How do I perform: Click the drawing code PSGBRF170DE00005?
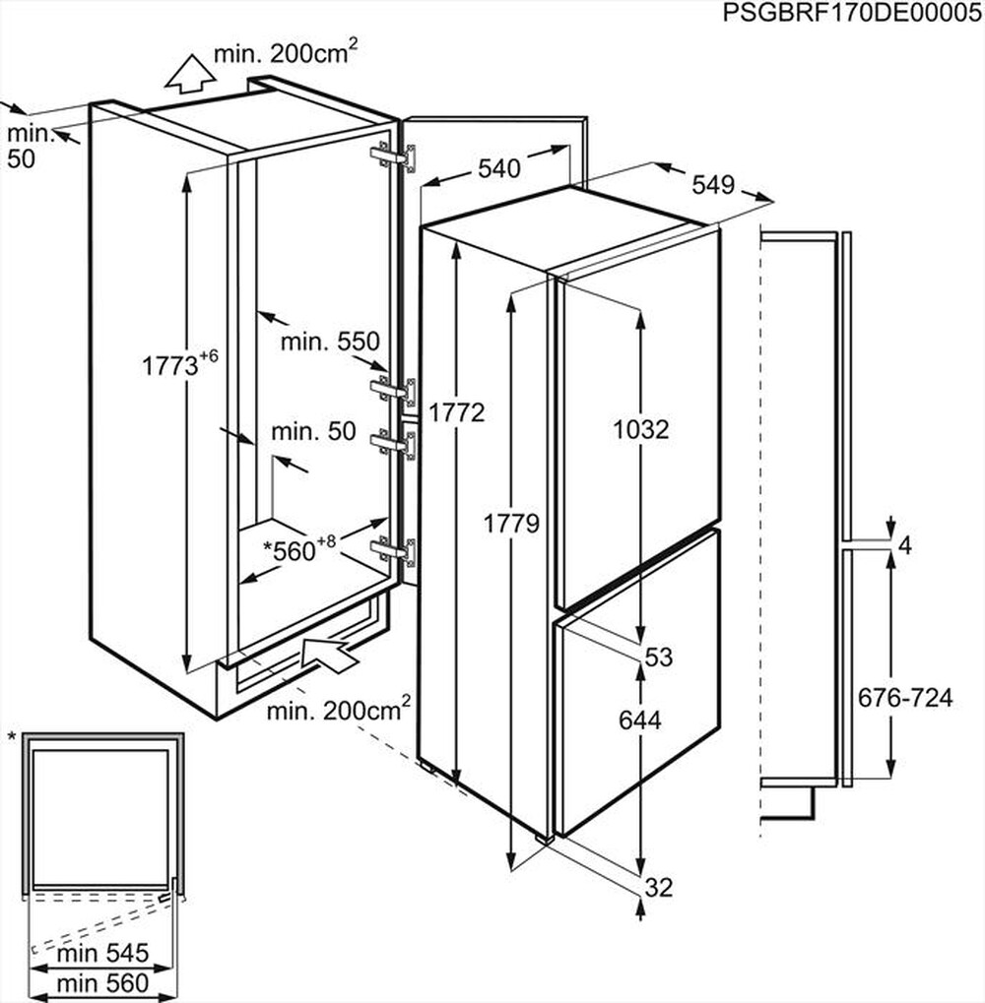pos(852,13)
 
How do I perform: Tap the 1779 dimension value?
pos(511,524)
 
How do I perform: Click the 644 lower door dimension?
pos(639,720)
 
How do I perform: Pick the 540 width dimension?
pos(498,168)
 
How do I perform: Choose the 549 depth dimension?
pos(712,184)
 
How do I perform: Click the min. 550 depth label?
pos(329,342)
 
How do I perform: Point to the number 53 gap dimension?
pos(659,657)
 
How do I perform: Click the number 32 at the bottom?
pos(658,887)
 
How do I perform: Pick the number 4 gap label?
pos(906,544)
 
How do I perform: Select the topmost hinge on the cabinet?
pos(394,156)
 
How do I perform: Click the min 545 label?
pos(101,953)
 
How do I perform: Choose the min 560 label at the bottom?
pos(101,981)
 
